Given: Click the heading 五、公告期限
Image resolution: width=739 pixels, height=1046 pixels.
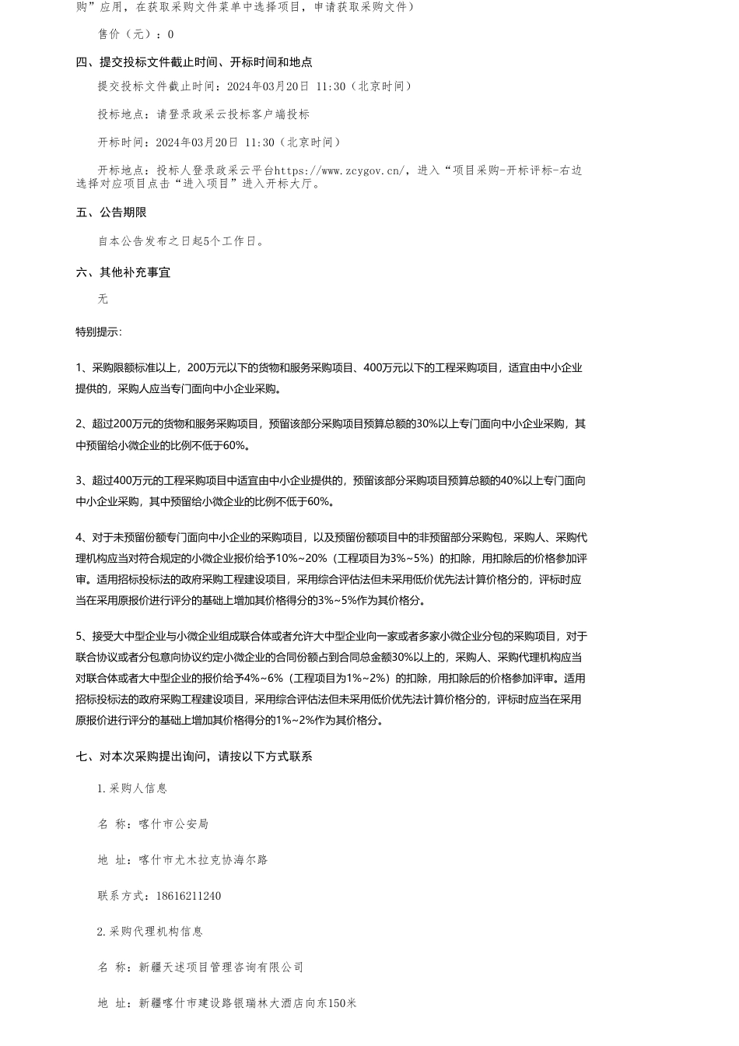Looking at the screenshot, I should coord(111,212).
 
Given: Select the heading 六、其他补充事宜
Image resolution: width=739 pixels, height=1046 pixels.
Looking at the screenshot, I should coord(123,272).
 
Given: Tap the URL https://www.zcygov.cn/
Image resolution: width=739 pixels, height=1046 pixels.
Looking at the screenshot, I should coord(340,170).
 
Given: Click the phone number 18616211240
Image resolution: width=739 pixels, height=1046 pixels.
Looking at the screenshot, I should coord(177,896).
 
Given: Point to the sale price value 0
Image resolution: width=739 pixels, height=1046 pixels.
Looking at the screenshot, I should coord(171,34).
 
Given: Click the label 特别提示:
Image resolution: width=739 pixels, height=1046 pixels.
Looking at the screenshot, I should coord(99,332).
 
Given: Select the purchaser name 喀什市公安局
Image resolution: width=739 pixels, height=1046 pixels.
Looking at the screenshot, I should coord(173,824).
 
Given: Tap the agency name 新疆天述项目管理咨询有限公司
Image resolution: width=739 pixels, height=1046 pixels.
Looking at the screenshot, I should coord(221,967).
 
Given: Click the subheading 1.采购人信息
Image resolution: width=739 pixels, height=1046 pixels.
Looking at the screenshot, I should coord(132,788).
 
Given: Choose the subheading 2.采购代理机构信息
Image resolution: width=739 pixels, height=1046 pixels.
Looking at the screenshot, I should coord(150,932).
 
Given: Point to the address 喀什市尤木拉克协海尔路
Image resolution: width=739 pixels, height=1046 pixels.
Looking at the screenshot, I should coord(203,860).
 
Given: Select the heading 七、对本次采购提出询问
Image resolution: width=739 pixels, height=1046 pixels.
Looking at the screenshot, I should coord(194,756).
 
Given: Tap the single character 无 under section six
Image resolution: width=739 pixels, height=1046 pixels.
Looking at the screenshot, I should coord(103,300).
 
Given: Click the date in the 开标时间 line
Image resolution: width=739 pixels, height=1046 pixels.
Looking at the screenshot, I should coord(197,142).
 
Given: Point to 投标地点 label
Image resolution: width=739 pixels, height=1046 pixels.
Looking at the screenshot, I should coord(122,114).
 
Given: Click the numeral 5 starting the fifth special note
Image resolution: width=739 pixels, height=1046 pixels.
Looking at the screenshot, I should coord(79,636).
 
